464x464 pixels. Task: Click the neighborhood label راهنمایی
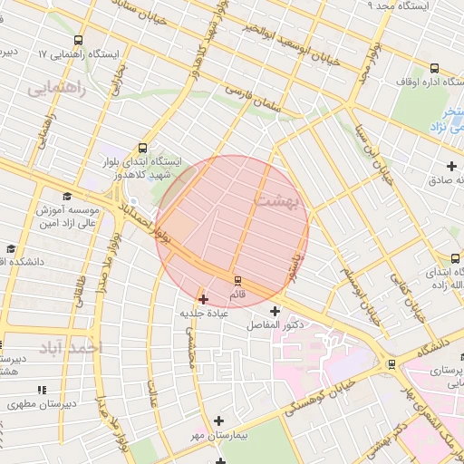56,89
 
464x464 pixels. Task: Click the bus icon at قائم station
237,280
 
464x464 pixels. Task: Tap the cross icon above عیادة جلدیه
203,298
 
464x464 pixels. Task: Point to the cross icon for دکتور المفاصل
275,311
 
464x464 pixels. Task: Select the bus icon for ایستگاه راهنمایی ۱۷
78,40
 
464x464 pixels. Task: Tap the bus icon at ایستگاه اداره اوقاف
433,68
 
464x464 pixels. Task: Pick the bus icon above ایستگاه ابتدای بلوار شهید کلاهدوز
141,148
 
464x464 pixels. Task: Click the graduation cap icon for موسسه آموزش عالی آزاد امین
66,197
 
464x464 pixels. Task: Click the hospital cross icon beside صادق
451,166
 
